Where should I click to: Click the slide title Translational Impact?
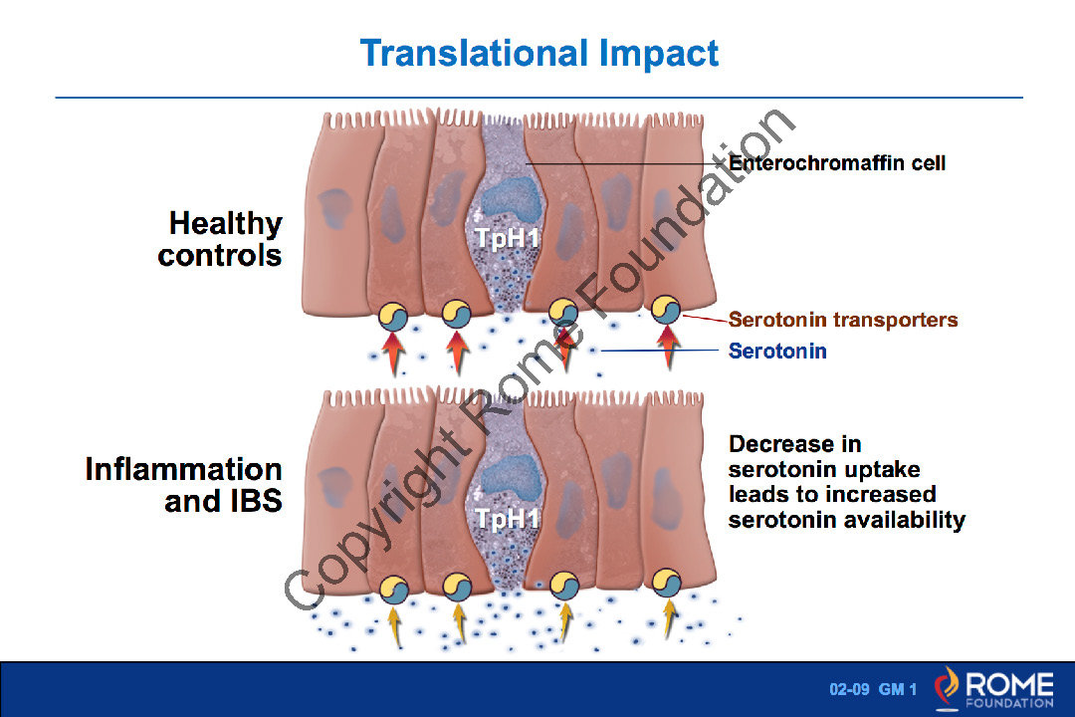click(x=538, y=54)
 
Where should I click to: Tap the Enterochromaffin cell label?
click(x=837, y=163)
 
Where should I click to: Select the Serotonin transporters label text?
click(x=843, y=320)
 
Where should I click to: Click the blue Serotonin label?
click(x=777, y=352)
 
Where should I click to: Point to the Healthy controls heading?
click(x=220, y=239)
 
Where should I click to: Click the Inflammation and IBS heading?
click(x=184, y=485)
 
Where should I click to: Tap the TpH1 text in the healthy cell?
click(x=508, y=238)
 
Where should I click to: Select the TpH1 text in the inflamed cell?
click(x=508, y=519)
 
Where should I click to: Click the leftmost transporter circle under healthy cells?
click(x=393, y=317)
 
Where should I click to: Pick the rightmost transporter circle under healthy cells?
click(x=665, y=310)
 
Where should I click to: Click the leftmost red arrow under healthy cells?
click(x=393, y=353)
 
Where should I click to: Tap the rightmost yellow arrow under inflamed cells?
click(x=668, y=618)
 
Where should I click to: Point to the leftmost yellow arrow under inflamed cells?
click(x=394, y=625)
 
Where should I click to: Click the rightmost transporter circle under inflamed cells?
click(x=666, y=584)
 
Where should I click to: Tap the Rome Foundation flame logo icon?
click(x=947, y=688)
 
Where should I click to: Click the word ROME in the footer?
click(x=1009, y=684)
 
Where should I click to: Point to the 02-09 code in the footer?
click(x=849, y=689)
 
